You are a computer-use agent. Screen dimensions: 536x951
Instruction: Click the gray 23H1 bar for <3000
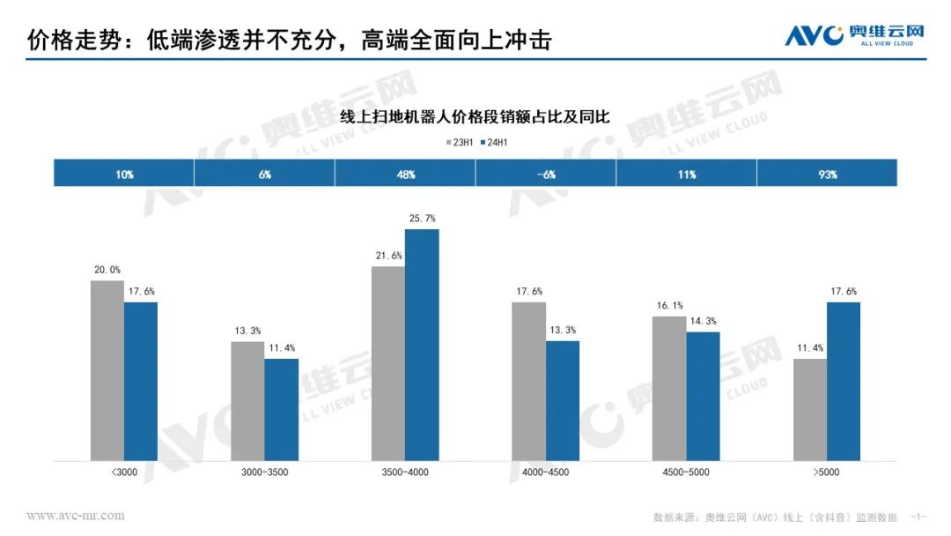107,370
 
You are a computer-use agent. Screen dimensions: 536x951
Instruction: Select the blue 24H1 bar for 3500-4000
422,345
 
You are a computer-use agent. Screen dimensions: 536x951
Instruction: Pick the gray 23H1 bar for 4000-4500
529,381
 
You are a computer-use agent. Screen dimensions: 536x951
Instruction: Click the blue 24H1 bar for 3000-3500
282,409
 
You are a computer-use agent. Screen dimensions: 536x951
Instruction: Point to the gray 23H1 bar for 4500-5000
669,388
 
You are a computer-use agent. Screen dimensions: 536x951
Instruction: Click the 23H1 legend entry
461,141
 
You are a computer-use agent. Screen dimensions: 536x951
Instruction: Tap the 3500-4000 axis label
405,473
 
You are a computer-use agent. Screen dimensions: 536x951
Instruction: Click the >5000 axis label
827,473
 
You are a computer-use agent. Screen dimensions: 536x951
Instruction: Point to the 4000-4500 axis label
546,473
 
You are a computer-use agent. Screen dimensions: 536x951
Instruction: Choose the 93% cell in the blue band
827,174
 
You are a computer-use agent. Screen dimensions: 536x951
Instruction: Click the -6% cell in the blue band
546,174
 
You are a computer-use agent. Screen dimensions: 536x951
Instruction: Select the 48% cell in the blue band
405,174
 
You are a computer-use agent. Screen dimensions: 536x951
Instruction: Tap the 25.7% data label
423,218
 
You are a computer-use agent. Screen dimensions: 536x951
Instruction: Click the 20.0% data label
107,270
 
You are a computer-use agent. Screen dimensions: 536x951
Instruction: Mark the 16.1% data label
669,305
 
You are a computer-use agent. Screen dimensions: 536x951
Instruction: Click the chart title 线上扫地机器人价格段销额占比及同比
475,116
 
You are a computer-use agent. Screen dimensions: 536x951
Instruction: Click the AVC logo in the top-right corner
854,35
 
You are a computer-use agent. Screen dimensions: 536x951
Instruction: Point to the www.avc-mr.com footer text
76,516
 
